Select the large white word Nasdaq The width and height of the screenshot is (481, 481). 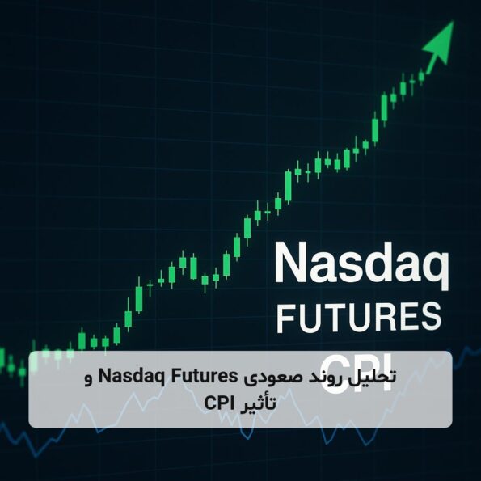pos(361,265)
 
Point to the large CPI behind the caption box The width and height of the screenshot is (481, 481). pos(357,372)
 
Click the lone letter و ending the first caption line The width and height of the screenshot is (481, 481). pos(89,379)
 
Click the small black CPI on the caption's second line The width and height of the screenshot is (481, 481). pos(218,403)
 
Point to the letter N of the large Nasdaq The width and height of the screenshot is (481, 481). pos(289,263)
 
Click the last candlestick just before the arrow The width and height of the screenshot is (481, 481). pos(421,76)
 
